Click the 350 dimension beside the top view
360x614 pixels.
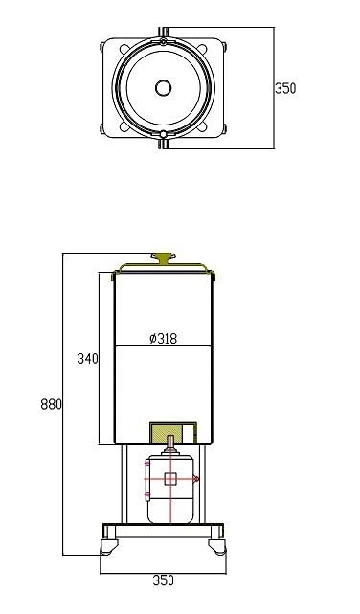285,88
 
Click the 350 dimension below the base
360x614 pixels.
163,580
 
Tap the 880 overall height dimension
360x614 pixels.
52,404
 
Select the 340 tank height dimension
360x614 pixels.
88,358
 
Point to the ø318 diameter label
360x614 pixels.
163,338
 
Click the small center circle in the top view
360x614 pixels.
163,88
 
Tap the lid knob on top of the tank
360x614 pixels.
164,258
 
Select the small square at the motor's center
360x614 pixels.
170,479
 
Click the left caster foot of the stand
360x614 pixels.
109,546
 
